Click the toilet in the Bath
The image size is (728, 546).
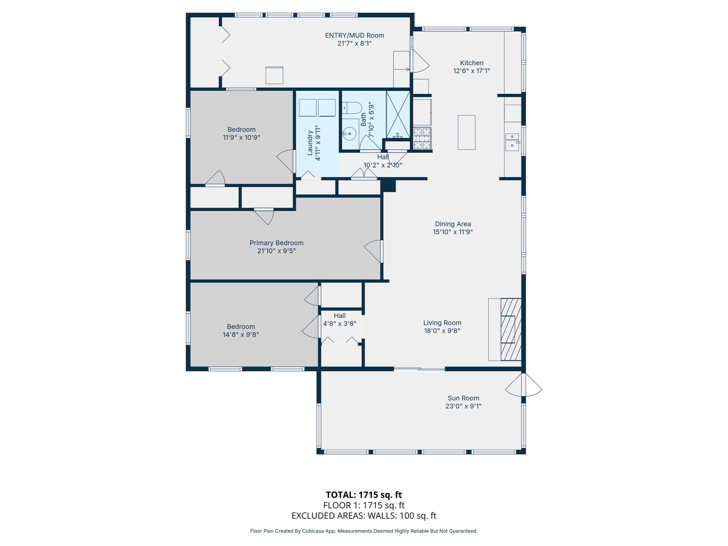pos(352,108)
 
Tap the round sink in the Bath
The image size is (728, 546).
pos(349,134)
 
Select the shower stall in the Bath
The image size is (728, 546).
pos(398,115)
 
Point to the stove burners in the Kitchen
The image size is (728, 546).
pos(422,138)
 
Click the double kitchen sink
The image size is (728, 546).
pos(512,142)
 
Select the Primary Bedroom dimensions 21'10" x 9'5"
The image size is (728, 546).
pos(276,251)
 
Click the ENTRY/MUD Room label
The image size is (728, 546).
pos(355,35)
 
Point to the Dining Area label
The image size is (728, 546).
pos(453,224)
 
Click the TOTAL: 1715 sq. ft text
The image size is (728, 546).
pos(364,495)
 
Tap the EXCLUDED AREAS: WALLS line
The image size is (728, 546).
pos(364,515)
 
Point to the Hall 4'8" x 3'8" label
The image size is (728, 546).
pos(340,320)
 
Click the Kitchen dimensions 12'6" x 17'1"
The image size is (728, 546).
pos(472,71)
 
